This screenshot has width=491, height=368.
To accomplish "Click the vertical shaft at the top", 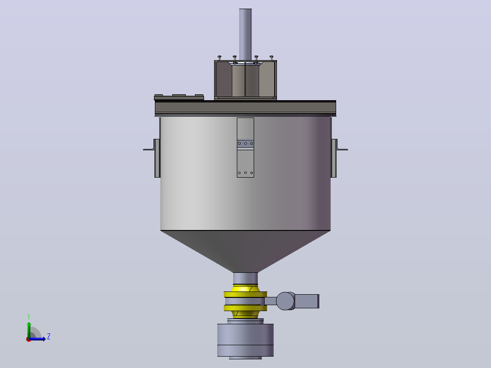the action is (245, 35).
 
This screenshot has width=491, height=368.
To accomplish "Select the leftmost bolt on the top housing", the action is (220, 58).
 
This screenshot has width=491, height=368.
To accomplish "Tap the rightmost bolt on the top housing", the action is (271, 58).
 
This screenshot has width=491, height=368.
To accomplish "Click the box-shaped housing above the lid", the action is (245, 80).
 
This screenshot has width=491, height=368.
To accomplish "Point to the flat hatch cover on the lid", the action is (179, 97).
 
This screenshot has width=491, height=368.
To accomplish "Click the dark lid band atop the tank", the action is (245, 108).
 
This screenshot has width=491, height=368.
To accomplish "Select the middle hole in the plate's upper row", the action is (245, 143).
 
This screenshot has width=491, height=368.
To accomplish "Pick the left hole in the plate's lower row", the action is (240, 173).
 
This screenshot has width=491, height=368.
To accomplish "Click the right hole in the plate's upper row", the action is (251, 143).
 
